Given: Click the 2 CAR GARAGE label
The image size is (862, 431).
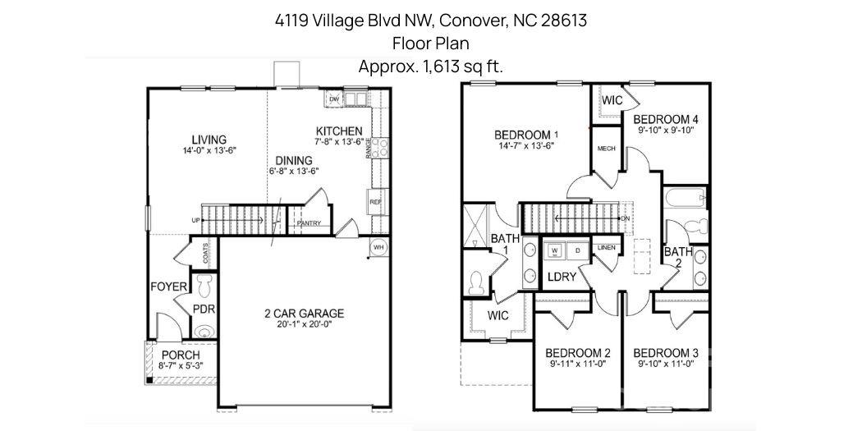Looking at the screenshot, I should pyautogui.click(x=304, y=313).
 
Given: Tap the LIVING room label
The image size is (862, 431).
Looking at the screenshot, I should pyautogui.click(x=209, y=140).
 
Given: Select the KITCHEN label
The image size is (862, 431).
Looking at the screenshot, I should pyautogui.click(x=339, y=131).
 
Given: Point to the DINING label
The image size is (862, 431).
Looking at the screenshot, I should pyautogui.click(x=293, y=160).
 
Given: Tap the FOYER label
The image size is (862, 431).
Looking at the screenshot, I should pyautogui.click(x=169, y=287).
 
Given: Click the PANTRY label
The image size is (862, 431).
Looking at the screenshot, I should pyautogui.click(x=309, y=222).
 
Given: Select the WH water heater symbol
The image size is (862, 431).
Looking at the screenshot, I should pyautogui.click(x=378, y=246).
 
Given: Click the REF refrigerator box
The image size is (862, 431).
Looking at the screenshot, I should pyautogui.click(x=375, y=200).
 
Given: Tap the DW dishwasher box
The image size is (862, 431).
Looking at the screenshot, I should pyautogui.click(x=334, y=99).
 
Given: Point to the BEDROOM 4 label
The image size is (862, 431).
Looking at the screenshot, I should pyautogui.click(x=667, y=118).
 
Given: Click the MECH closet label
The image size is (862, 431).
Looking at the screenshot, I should pyautogui.click(x=607, y=149).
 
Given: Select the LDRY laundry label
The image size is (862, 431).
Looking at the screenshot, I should pyautogui.click(x=562, y=277).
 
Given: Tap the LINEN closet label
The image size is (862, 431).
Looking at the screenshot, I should pyautogui.click(x=607, y=247).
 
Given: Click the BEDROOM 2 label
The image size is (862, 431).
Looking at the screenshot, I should pyautogui.click(x=578, y=352).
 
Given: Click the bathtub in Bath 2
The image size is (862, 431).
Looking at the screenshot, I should pyautogui.click(x=684, y=198).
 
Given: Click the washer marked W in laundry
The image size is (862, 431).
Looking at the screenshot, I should pyautogui.click(x=555, y=250).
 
